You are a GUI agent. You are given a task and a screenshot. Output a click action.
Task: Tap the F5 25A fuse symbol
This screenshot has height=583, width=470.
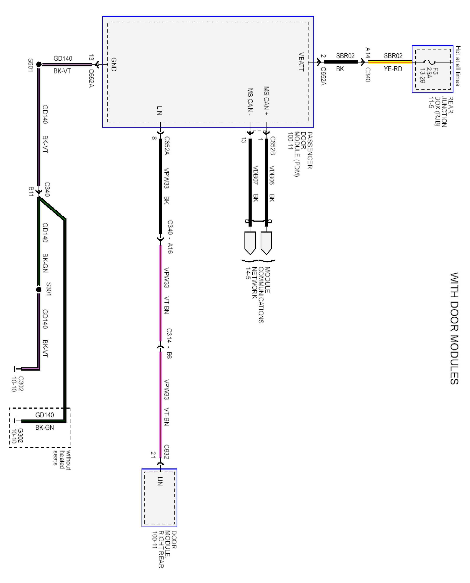(x=429, y=62)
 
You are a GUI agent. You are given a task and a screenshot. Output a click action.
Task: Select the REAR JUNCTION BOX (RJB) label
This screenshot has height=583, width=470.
(x=440, y=111)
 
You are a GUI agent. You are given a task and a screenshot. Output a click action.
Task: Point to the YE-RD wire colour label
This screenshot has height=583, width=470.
(x=393, y=69)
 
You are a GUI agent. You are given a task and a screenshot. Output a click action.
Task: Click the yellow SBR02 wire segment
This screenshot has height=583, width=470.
(x=390, y=62)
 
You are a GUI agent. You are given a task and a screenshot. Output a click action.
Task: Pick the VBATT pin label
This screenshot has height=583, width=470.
(x=301, y=62)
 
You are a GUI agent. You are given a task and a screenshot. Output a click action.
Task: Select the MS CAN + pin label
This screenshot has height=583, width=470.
(x=266, y=101)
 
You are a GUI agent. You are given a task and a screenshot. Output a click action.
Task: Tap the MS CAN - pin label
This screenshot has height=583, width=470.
(x=250, y=102)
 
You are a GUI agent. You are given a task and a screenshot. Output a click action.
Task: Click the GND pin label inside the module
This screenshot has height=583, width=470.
(x=114, y=64)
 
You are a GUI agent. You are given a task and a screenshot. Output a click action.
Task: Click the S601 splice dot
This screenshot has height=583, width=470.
(x=39, y=64)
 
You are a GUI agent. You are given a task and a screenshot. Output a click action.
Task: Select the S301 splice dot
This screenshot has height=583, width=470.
(x=39, y=290)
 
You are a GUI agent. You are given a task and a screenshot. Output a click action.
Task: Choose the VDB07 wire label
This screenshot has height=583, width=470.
(x=255, y=175)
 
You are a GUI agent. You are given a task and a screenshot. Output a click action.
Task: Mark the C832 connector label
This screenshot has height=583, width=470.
(x=166, y=452)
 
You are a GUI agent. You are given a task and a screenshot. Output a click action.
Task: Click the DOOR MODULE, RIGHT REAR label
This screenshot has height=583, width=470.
(x=164, y=549)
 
